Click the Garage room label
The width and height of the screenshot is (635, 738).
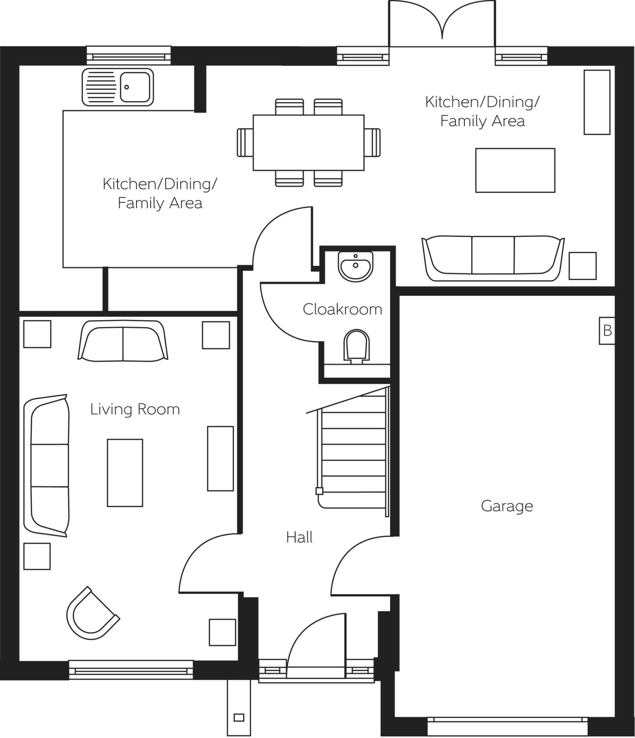(507, 506)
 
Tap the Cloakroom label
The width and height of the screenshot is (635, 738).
(342, 309)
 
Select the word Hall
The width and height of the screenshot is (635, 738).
(299, 537)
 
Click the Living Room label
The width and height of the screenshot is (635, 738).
(135, 409)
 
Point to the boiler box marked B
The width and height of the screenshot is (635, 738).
(607, 330)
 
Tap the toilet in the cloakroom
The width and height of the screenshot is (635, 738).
(357, 346)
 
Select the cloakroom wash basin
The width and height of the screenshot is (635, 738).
(355, 266)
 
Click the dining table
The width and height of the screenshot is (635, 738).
(308, 143)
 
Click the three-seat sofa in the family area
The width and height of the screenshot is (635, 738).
(493, 258)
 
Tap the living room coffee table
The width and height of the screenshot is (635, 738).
(125, 473)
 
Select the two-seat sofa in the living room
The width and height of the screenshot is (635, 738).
(123, 341)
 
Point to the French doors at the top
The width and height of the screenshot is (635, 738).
(442, 24)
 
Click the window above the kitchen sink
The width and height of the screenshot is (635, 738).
(129, 55)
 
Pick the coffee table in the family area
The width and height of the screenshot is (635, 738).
(515, 170)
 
